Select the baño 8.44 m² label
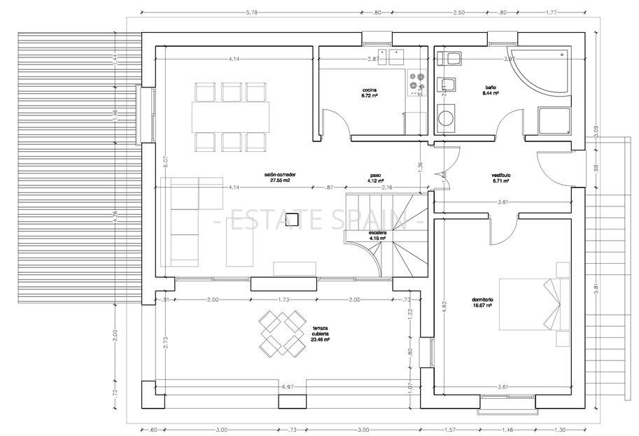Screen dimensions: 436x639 click(491, 90)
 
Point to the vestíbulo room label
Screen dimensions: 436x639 click(500, 177)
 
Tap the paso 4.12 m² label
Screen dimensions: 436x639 click(376, 178)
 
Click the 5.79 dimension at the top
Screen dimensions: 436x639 click(252, 12)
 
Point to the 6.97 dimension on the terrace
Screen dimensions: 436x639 click(287, 386)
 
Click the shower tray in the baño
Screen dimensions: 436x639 click(556, 122)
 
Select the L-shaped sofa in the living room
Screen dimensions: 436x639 click(185, 210)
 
